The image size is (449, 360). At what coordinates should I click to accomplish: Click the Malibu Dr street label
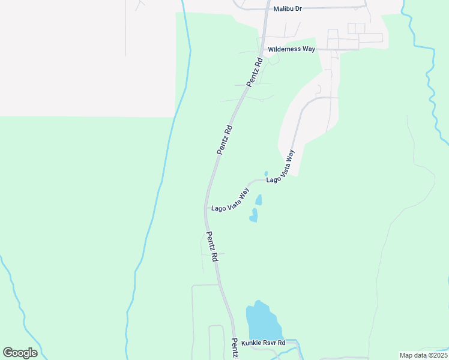coord(287,9)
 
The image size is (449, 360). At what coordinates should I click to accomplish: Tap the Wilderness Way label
coord(291,49)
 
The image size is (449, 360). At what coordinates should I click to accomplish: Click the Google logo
coord(20,353)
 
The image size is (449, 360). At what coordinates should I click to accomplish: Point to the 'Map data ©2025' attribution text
coord(423,355)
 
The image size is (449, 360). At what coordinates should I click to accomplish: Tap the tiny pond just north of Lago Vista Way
coord(266,174)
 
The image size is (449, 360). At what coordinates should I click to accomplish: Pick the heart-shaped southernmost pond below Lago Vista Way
coord(254,215)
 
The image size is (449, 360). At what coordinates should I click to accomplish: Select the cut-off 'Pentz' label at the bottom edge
coord(235,349)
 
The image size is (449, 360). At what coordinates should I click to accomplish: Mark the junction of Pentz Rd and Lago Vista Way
coord(206,208)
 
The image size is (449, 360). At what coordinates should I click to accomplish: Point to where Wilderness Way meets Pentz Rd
coord(262,50)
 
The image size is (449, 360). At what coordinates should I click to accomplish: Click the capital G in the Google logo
coord(8,353)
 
